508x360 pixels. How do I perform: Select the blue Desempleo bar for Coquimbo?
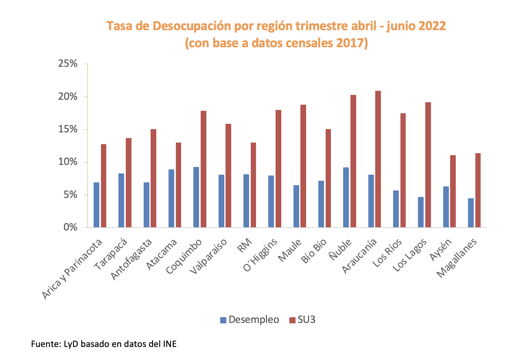click(x=196, y=197)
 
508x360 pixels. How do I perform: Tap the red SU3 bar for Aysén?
click(x=453, y=191)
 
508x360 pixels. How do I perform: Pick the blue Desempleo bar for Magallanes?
click(x=471, y=213)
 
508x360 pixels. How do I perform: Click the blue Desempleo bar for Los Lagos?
click(x=420, y=212)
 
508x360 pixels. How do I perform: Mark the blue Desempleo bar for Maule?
click(x=296, y=206)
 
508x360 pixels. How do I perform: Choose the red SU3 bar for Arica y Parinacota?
click(x=103, y=186)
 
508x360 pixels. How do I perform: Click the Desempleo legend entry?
click(x=249, y=320)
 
